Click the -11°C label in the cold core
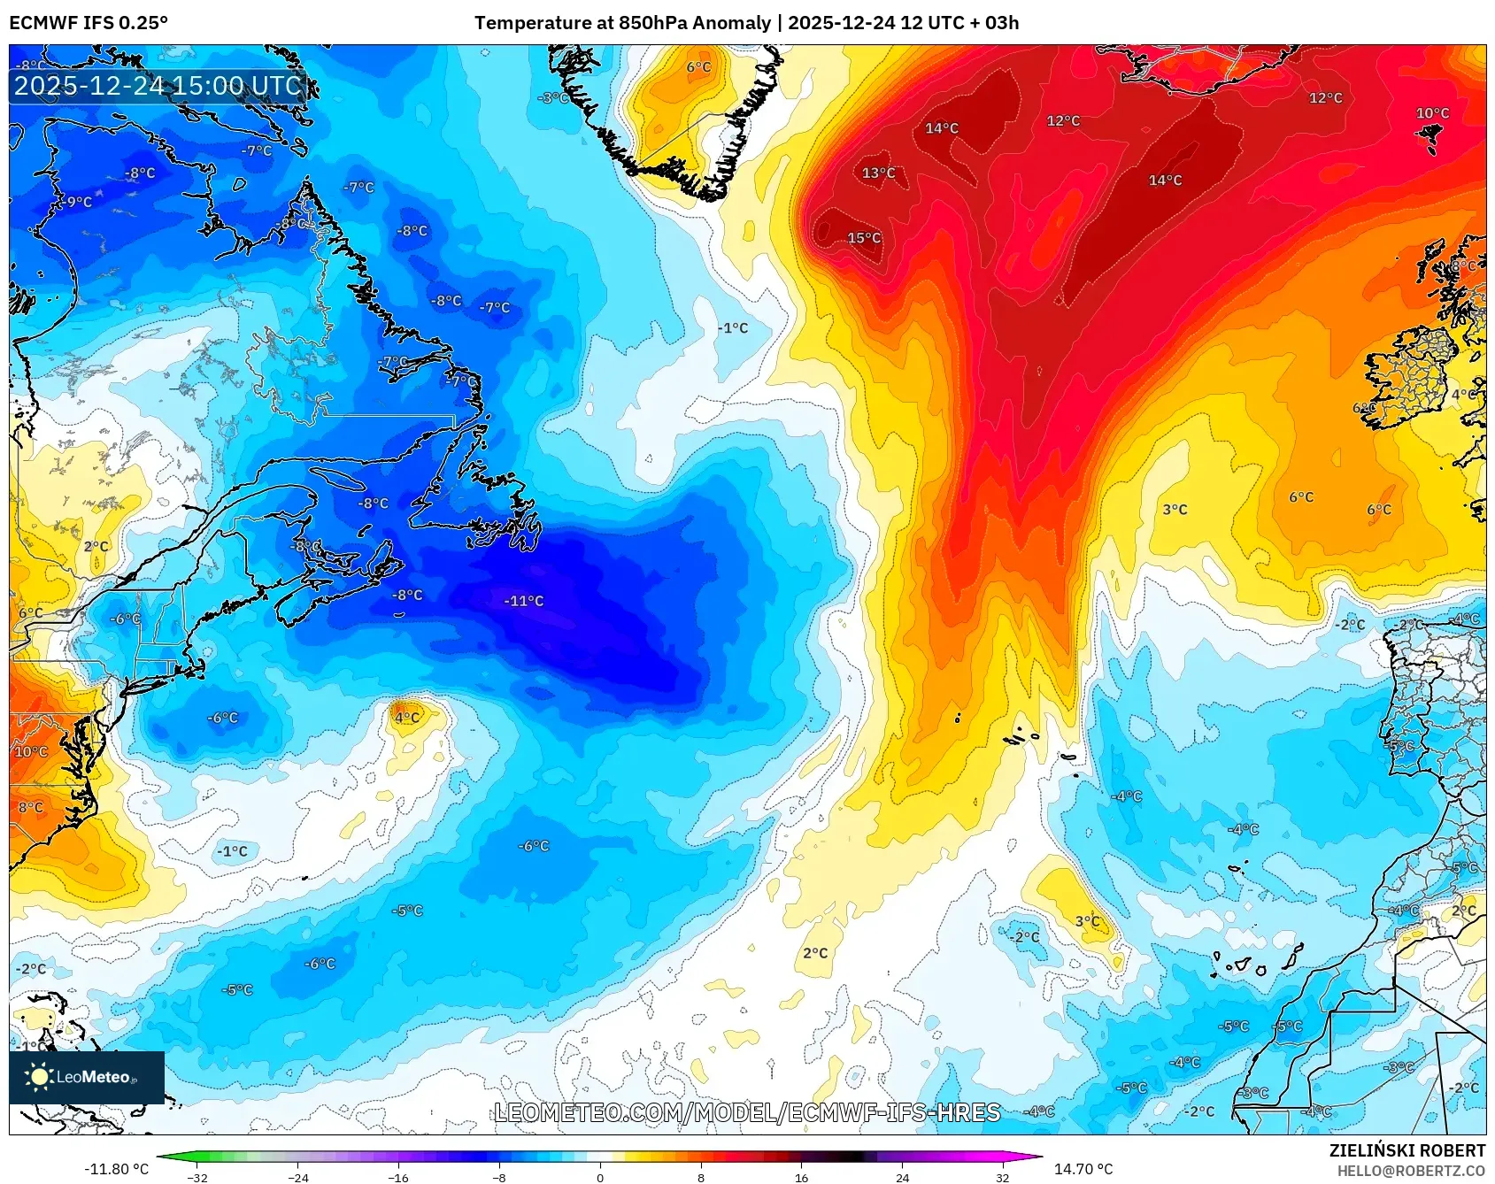point(524,601)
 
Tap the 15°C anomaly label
point(864,237)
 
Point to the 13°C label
point(878,173)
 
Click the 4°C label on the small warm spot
point(406,717)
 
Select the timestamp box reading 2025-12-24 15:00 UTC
point(158,86)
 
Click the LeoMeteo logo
point(87,1077)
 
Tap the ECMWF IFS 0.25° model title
point(89,23)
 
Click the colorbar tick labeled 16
point(801,1177)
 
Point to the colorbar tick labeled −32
point(197,1177)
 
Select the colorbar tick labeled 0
point(600,1177)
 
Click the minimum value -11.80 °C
point(116,1169)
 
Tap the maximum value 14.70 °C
point(1083,1169)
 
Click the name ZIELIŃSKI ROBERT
point(1406,1150)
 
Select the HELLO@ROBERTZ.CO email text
point(1411,1171)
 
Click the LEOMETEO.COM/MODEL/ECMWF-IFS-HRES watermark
point(747,1112)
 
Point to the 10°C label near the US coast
point(31,751)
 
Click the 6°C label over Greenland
point(698,66)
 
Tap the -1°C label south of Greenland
point(733,327)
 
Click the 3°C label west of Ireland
point(1175,509)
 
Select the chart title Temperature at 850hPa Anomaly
point(622,23)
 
